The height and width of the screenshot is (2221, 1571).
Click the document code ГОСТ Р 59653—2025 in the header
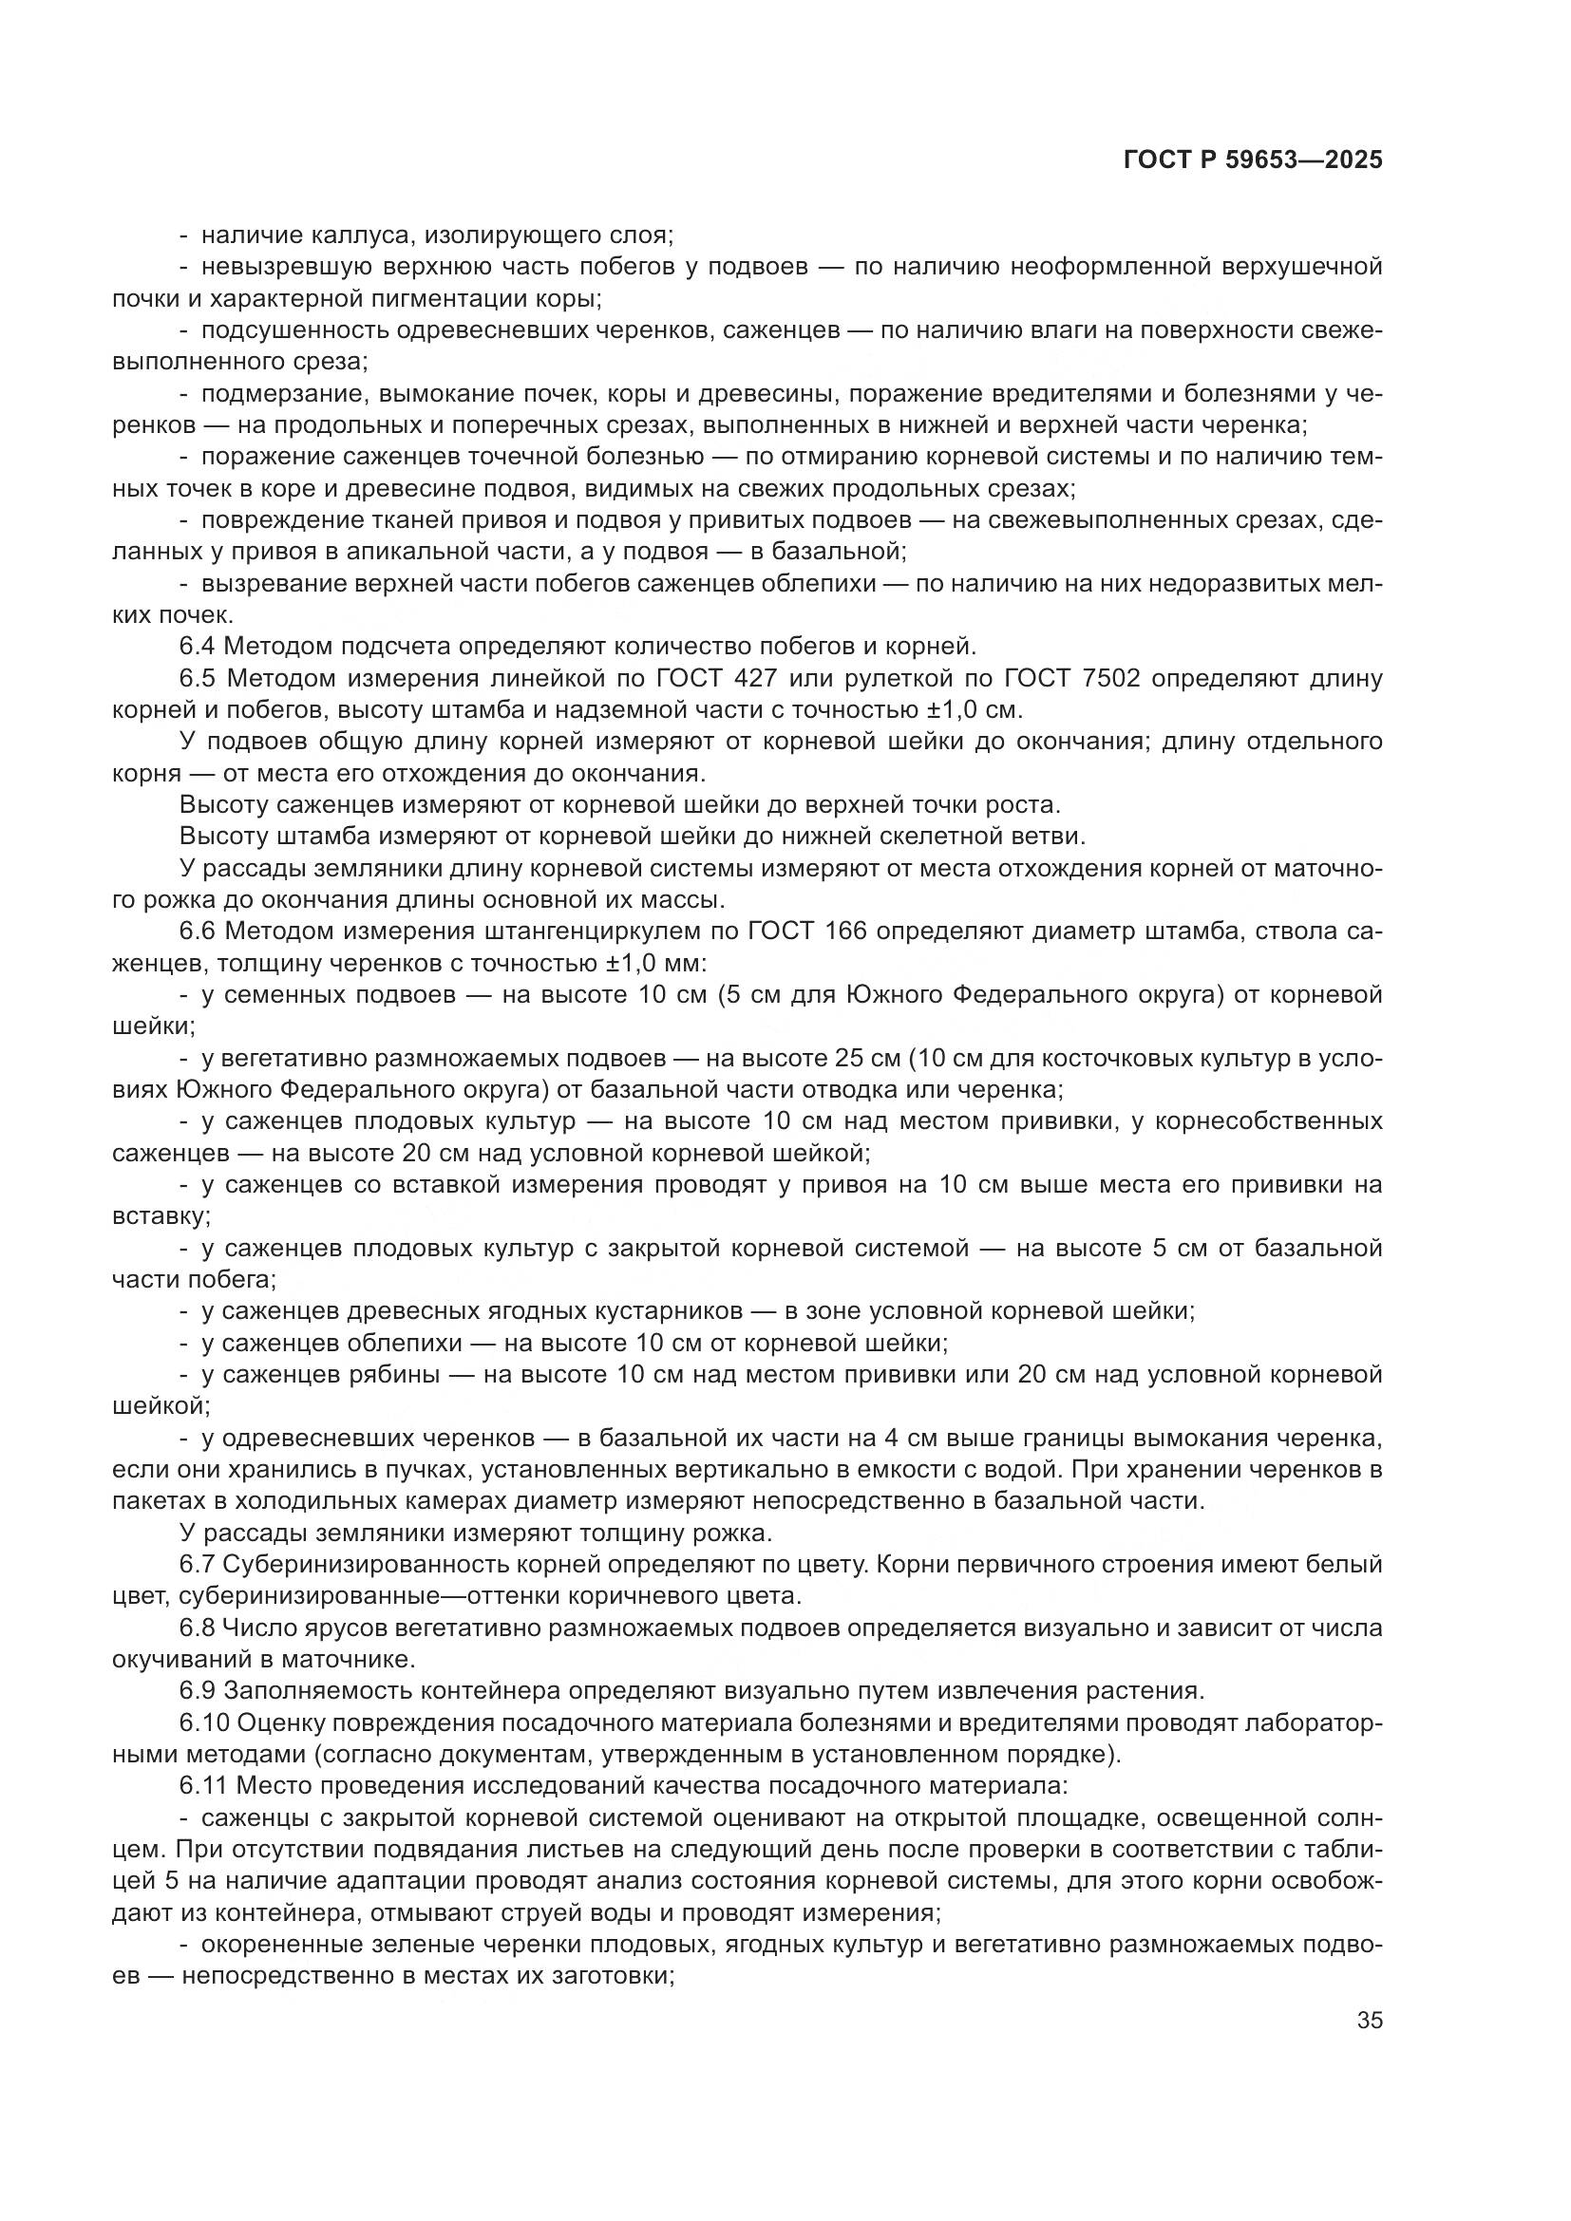1253,160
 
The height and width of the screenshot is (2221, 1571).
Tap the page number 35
1370,2021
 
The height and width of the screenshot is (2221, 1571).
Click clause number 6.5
199,678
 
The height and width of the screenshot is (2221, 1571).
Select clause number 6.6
199,932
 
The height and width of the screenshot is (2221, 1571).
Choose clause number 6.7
199,1564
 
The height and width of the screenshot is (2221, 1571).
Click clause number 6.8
199,1628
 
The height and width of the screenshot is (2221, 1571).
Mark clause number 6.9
199,1691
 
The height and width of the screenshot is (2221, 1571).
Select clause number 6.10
204,1722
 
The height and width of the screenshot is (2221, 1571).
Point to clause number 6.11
203,1786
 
